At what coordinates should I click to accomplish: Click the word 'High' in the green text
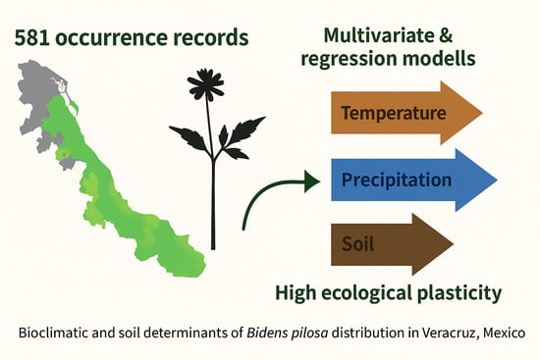pos(297,292)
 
